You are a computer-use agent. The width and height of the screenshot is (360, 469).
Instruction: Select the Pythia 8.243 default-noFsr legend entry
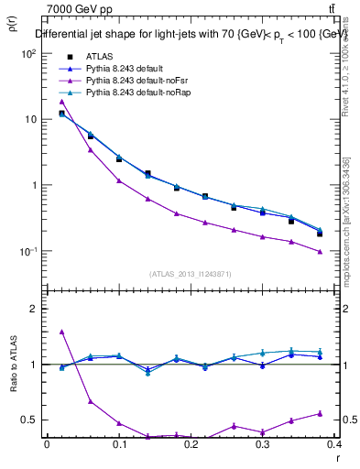point(134,81)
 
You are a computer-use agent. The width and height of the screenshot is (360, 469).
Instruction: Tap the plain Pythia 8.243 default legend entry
point(125,69)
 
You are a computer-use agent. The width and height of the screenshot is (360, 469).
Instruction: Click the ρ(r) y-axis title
point(12,26)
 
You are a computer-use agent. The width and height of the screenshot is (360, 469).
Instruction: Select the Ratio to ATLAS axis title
point(12,363)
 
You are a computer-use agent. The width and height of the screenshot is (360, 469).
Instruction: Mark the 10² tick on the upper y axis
point(28,53)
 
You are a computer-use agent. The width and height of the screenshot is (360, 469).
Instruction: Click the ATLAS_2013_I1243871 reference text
point(191,274)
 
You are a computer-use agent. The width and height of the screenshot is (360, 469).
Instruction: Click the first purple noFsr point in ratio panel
point(61,332)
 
